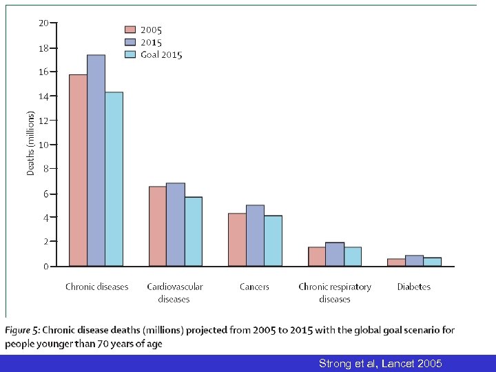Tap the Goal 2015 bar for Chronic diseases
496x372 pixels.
[x=114, y=179]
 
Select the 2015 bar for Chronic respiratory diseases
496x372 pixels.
[x=335, y=254]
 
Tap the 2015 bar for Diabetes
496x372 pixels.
[x=414, y=260]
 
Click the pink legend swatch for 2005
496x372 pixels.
[x=130, y=30]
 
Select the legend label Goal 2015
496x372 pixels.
[x=161, y=55]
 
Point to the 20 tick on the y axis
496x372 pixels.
[x=43, y=23]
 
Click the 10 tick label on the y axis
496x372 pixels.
[x=43, y=145]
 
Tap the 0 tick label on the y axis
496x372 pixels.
[x=45, y=266]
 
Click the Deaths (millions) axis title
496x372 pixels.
[x=30, y=143]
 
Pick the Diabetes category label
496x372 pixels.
[x=413, y=287]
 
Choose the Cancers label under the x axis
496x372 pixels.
[x=254, y=287]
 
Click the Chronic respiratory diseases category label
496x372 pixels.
[x=335, y=293]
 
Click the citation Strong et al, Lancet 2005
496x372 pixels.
[x=380, y=363]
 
